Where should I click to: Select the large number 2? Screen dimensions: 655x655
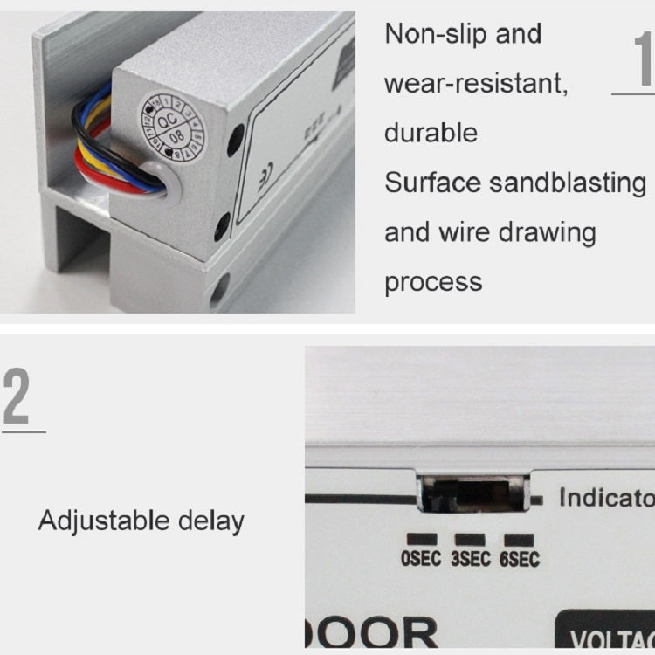pyautogui.click(x=17, y=397)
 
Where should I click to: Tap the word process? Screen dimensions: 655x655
pyautogui.click(x=433, y=282)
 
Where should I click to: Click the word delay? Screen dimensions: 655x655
pyautogui.click(x=211, y=521)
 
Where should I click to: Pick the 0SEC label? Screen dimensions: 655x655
pyautogui.click(x=421, y=558)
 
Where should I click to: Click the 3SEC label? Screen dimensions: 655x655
pyautogui.click(x=470, y=558)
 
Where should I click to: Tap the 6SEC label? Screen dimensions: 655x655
pyautogui.click(x=519, y=558)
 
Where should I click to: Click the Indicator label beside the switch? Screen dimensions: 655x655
pyautogui.click(x=606, y=498)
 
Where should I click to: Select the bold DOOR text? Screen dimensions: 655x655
pyautogui.click(x=376, y=634)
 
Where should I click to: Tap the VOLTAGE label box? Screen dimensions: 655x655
pyautogui.click(x=606, y=635)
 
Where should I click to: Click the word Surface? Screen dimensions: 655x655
pyautogui.click(x=433, y=183)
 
